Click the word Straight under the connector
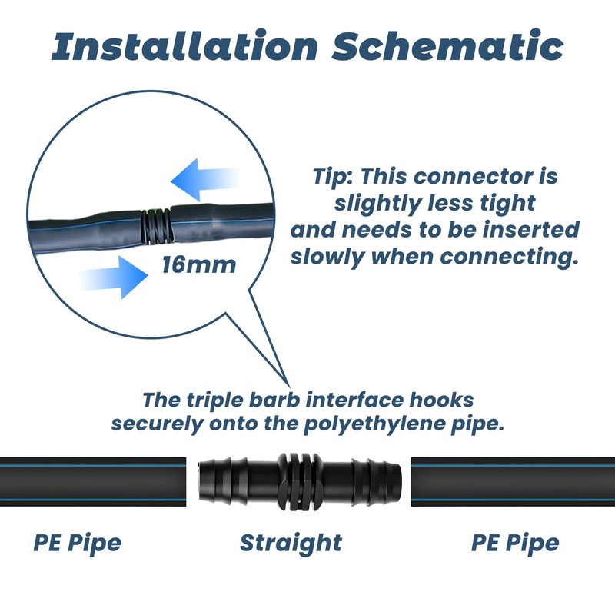point(291,543)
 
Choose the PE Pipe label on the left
point(77,543)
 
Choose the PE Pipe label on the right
point(515,543)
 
